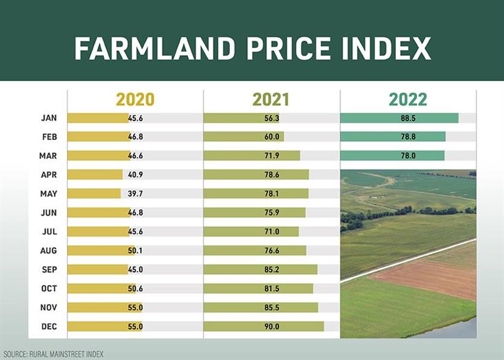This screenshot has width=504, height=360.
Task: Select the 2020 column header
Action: tap(135, 100)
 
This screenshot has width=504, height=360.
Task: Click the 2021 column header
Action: tap(271, 100)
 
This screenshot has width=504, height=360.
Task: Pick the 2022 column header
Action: tap(408, 100)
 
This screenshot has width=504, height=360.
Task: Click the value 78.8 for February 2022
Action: tap(408, 137)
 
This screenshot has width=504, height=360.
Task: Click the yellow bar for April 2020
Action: tap(95, 174)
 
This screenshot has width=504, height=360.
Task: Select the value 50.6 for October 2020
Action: tap(135, 289)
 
